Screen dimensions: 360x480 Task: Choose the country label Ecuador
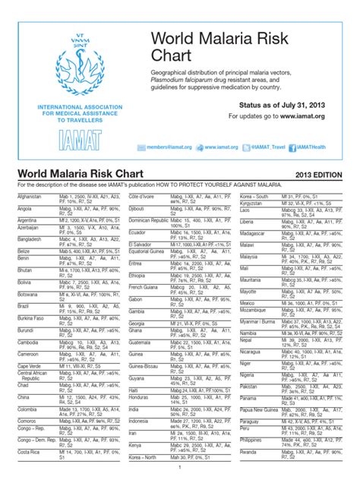click(139, 233)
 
